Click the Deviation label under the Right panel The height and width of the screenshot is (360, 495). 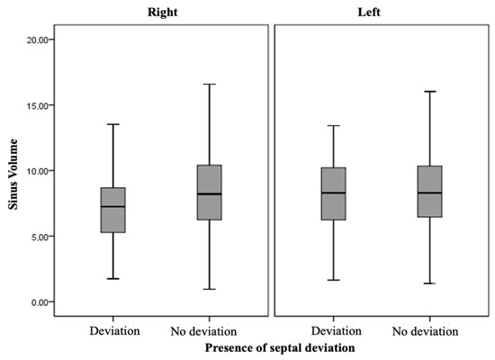click(114, 330)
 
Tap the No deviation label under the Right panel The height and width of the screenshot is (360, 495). click(208, 330)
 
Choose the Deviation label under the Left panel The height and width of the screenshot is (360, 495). click(333, 330)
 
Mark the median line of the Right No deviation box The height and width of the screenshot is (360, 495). click(208, 193)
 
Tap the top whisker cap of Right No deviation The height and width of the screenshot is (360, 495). click(208, 85)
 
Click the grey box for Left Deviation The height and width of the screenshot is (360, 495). click(333, 180)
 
